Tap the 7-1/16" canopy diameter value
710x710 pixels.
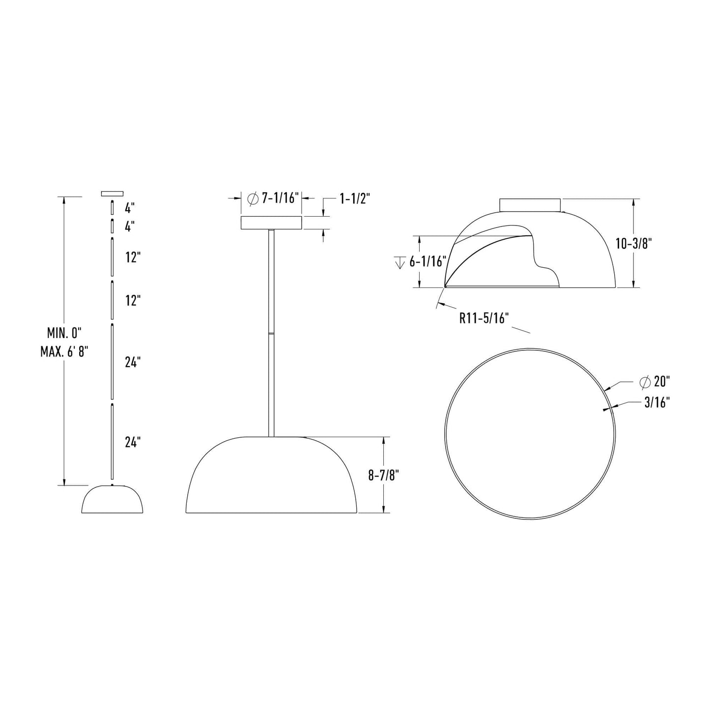(x=280, y=199)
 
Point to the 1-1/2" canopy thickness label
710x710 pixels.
(x=354, y=199)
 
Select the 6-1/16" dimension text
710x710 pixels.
(x=427, y=262)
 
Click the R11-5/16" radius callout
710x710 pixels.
(x=483, y=318)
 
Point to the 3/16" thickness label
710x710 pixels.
(x=657, y=403)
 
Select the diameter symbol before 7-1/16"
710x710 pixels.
(x=253, y=199)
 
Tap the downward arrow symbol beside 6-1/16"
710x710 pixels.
(x=399, y=262)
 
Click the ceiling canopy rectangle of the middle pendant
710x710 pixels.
(x=271, y=223)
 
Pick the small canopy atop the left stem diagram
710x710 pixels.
(x=112, y=193)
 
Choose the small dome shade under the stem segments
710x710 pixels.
(x=112, y=500)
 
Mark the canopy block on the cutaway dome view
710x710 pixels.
(x=530, y=204)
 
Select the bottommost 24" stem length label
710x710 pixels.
(x=133, y=442)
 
